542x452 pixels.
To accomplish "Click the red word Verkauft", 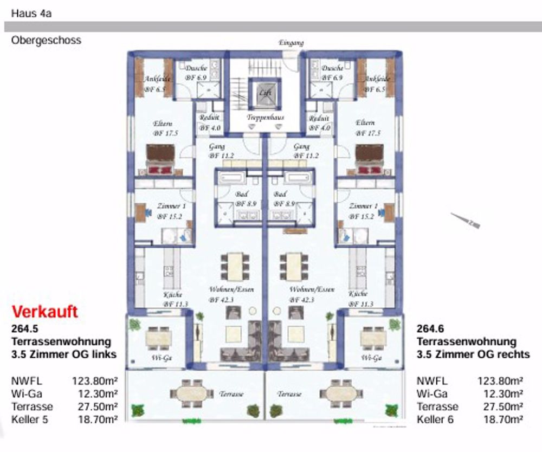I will (45, 312).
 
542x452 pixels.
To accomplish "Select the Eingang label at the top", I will (291, 43).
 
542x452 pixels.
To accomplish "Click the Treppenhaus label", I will (266, 117).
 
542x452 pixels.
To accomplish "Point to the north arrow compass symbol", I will (466, 220).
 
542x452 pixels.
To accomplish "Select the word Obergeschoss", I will (46, 40).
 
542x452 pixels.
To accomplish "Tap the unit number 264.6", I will (431, 329).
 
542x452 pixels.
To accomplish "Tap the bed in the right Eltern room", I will (369, 159).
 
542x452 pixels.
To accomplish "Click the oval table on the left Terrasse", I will (189, 392).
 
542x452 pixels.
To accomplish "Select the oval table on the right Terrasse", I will (340, 392).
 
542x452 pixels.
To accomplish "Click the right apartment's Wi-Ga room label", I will (372, 358).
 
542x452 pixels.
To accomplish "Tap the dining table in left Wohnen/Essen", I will (235, 266).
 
